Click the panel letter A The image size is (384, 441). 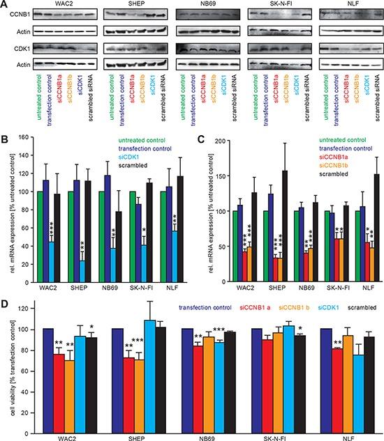pyautogui.click(x=4, y=5)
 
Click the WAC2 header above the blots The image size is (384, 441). pyautogui.click(x=60, y=6)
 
